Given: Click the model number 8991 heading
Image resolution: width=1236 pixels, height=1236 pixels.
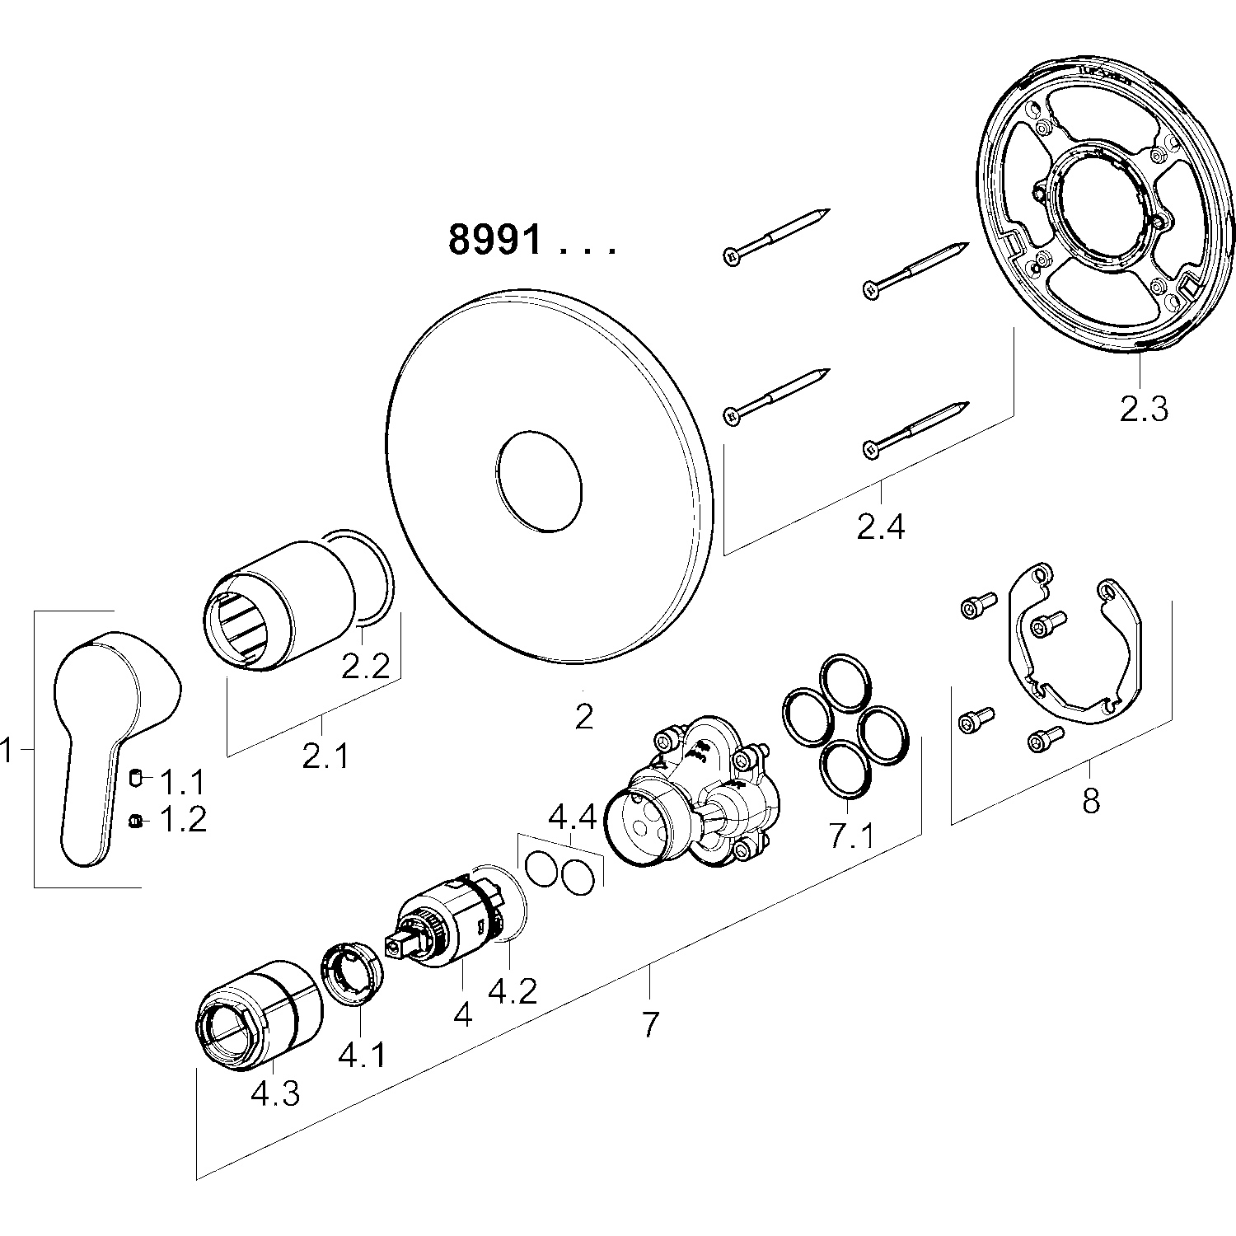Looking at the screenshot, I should click(x=495, y=241).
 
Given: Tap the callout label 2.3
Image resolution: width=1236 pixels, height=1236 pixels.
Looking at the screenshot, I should click(x=1144, y=409).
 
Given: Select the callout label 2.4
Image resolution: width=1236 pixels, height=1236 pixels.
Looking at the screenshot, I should click(x=881, y=526).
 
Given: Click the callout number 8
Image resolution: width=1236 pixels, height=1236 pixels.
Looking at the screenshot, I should click(x=1091, y=800).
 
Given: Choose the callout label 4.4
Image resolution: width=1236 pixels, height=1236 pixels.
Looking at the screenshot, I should click(x=573, y=817).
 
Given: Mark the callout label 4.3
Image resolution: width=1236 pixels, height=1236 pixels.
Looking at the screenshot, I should click(x=275, y=1093).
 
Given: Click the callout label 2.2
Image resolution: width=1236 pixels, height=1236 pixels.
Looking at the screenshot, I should click(x=365, y=666).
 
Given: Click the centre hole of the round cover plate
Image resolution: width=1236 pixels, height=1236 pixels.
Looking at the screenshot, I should click(x=536, y=478).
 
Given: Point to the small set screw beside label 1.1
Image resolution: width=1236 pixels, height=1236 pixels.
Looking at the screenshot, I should click(x=138, y=776).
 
